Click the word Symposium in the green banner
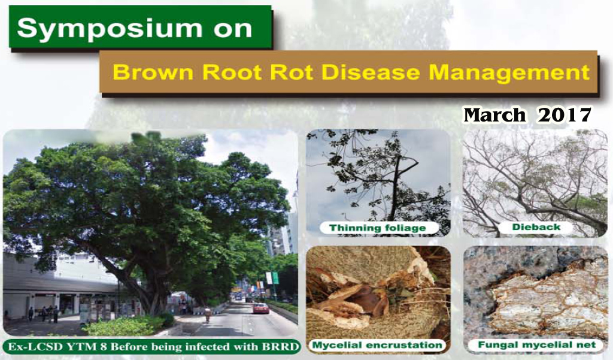(109, 29)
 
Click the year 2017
(565, 116)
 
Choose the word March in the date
(494, 116)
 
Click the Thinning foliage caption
(378, 228)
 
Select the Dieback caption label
(536, 227)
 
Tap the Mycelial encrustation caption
(377, 346)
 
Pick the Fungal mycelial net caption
(537, 345)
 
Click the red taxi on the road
(261, 308)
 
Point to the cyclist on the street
(208, 314)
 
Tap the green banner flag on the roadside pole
(275, 278)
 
